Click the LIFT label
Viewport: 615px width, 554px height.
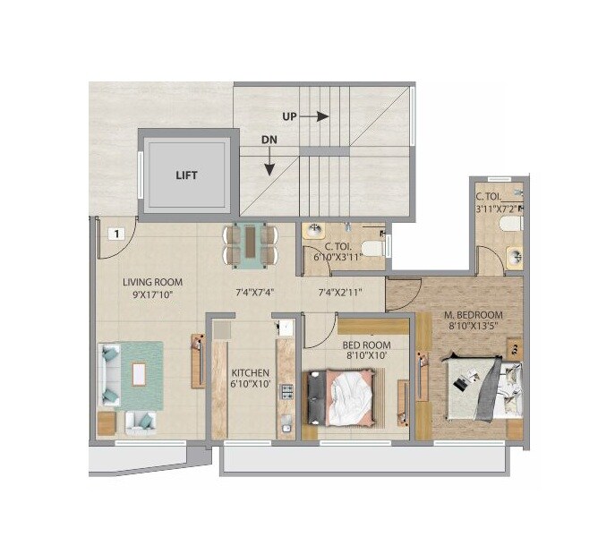186,175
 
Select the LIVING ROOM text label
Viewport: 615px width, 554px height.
152,282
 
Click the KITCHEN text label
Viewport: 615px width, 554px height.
245,372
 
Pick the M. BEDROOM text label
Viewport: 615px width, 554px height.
474,315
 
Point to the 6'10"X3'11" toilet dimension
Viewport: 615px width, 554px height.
336,257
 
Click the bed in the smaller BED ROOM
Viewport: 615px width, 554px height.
347,398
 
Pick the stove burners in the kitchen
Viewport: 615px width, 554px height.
287,391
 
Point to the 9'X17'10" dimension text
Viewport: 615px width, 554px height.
153,293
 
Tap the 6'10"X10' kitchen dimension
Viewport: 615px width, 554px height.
245,384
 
